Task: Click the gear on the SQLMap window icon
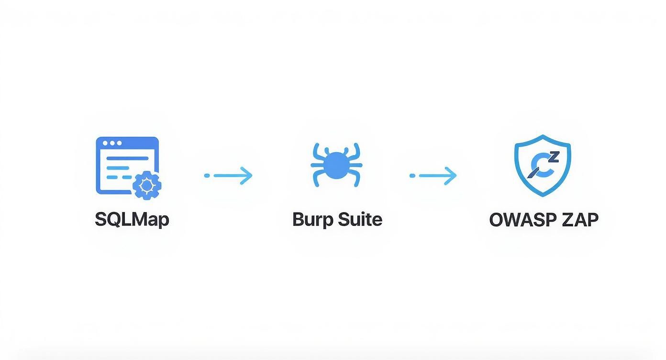point(146,185)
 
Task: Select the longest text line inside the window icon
point(127,157)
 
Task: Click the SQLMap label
point(132,219)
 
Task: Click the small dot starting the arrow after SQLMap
point(207,176)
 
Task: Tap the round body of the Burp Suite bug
point(336,166)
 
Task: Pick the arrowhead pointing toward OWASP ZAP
point(452,176)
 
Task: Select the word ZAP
point(580,219)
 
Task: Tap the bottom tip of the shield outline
point(543,196)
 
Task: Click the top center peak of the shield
point(543,136)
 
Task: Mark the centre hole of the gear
point(146,185)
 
